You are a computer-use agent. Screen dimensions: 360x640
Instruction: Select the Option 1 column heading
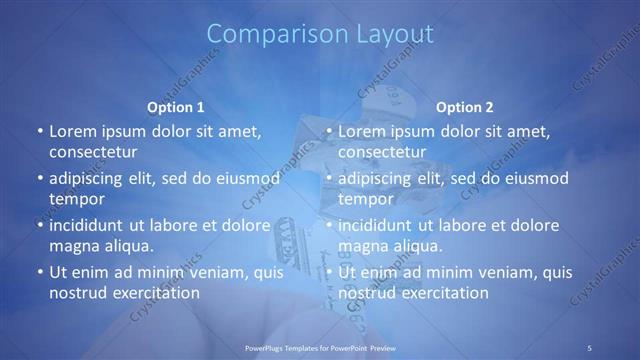176,106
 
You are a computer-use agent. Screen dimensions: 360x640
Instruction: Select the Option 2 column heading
465,106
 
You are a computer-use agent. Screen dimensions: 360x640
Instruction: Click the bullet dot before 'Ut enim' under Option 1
39,272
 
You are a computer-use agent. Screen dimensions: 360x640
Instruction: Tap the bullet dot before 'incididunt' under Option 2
328,225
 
